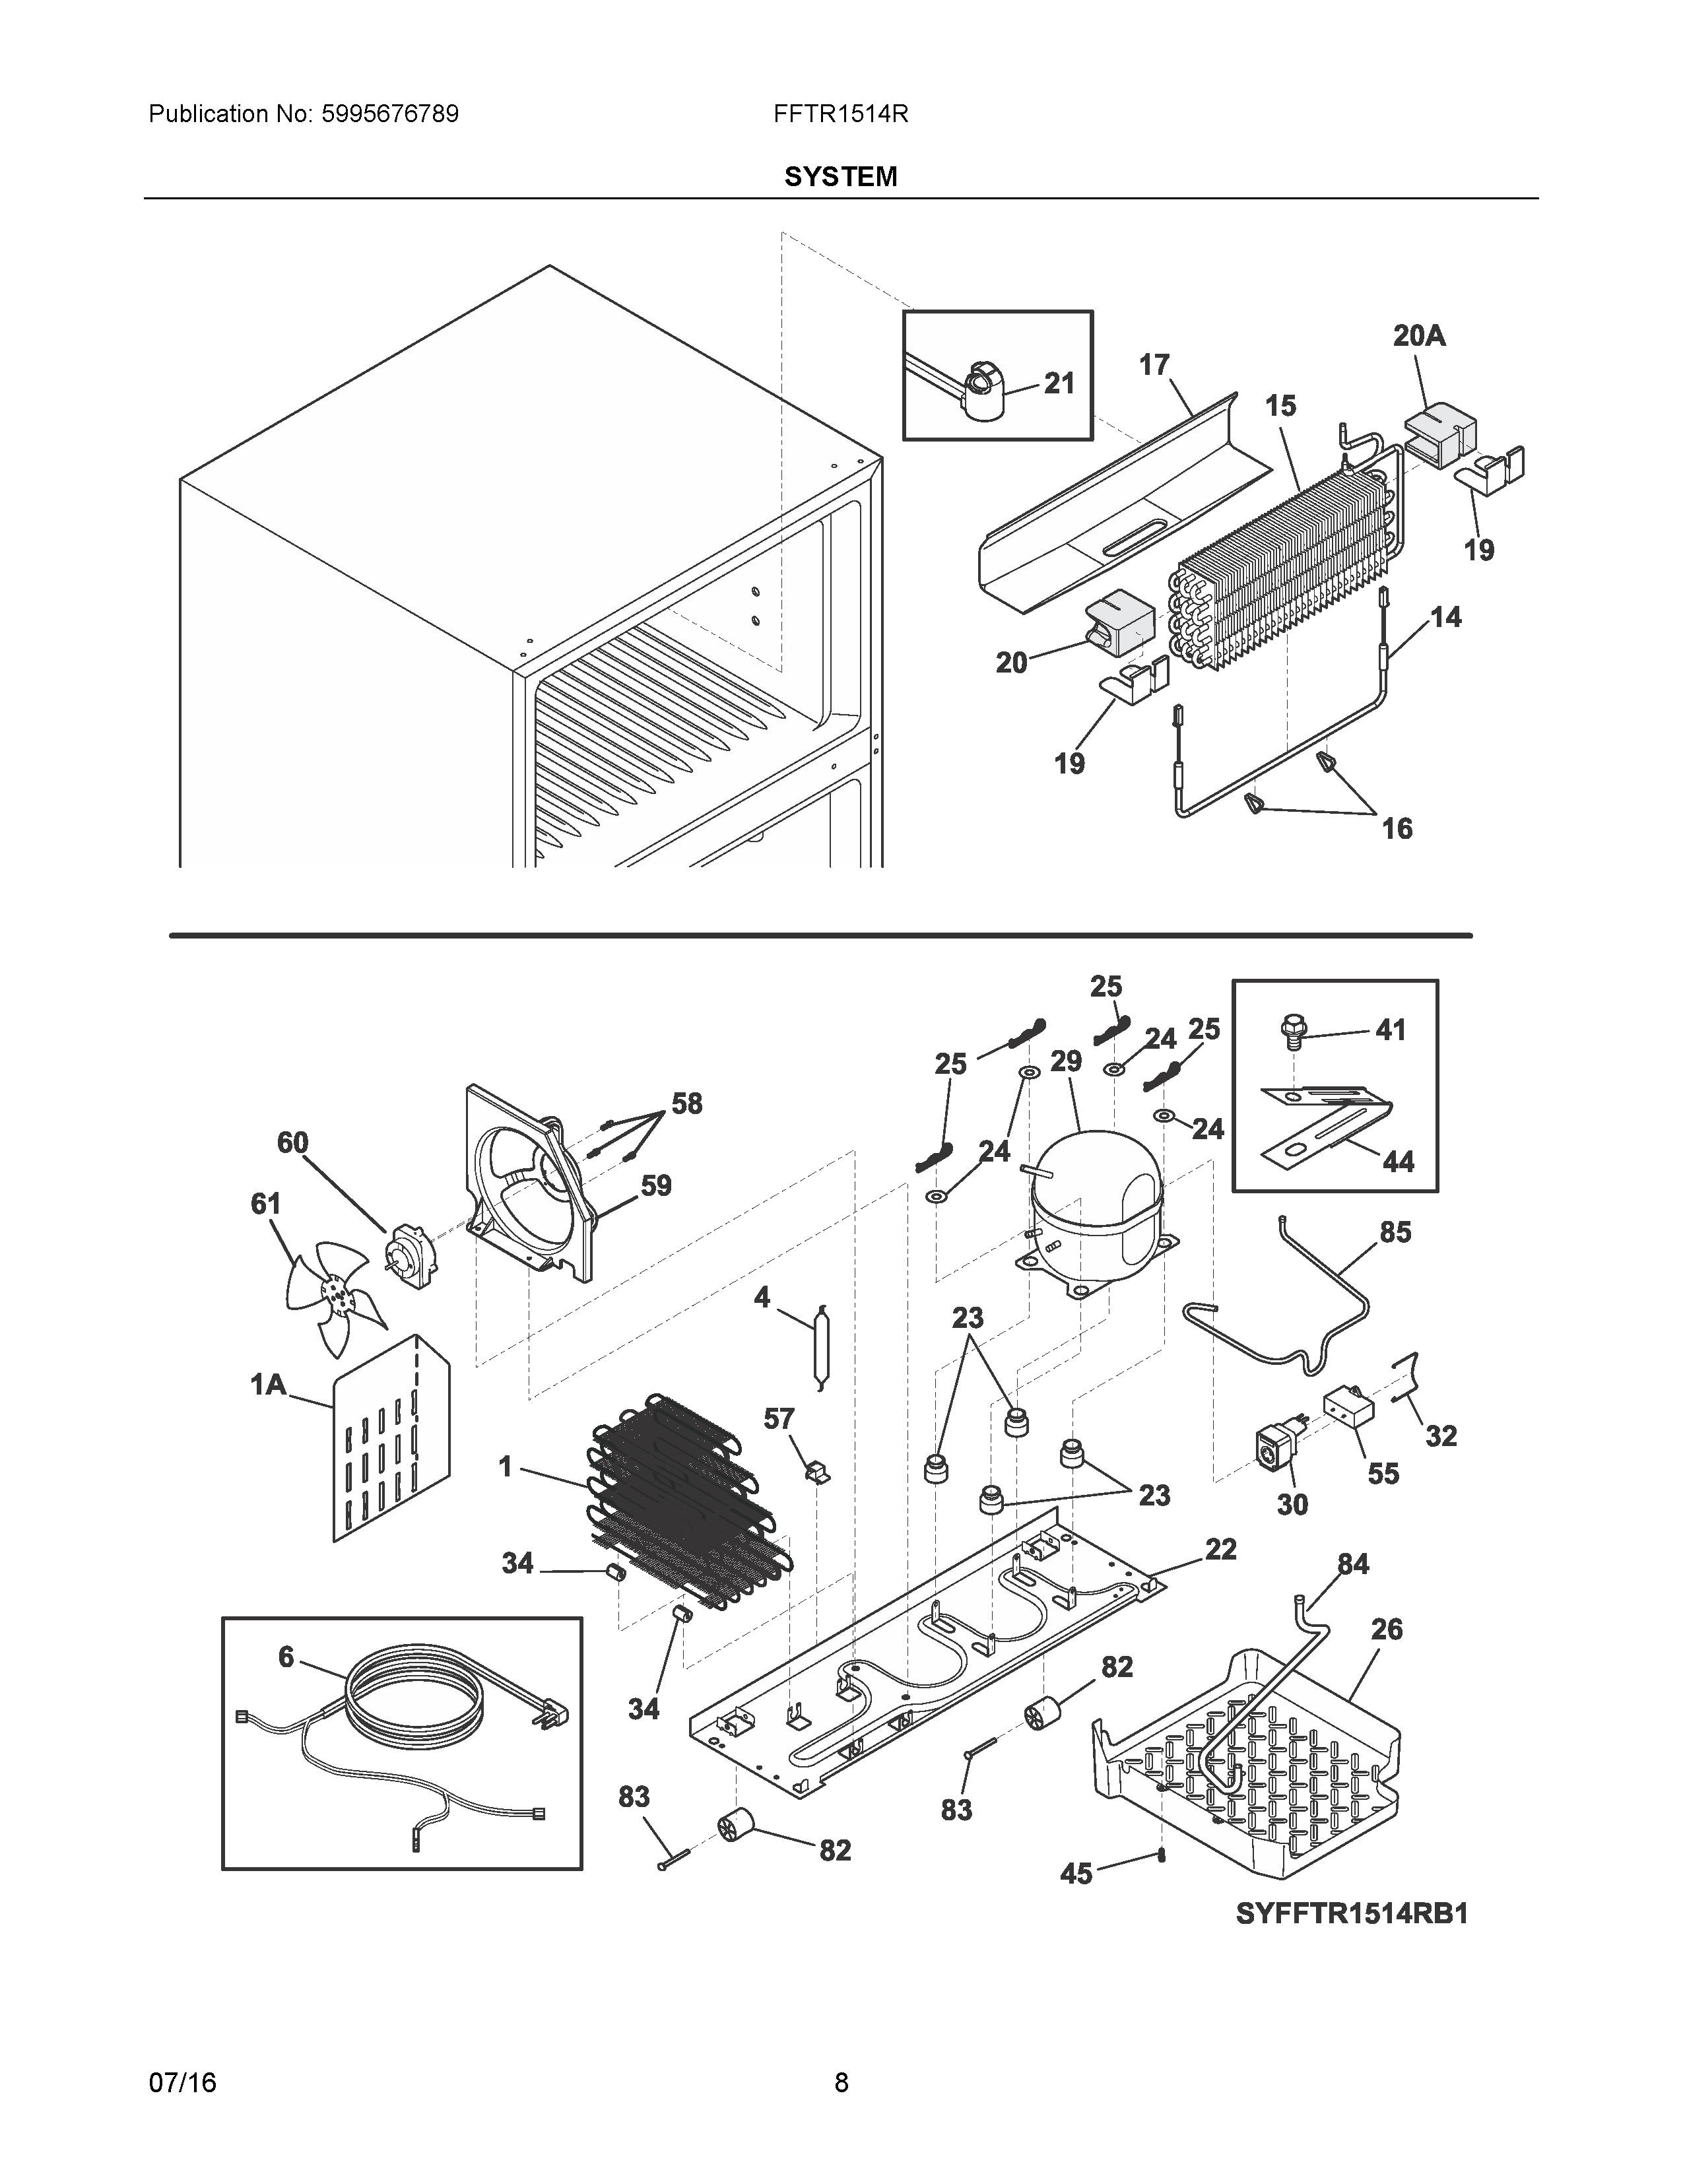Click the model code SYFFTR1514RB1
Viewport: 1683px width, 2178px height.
[1352, 1914]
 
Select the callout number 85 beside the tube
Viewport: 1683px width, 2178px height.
[1395, 1233]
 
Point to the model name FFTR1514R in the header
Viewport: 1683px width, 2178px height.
[840, 114]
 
